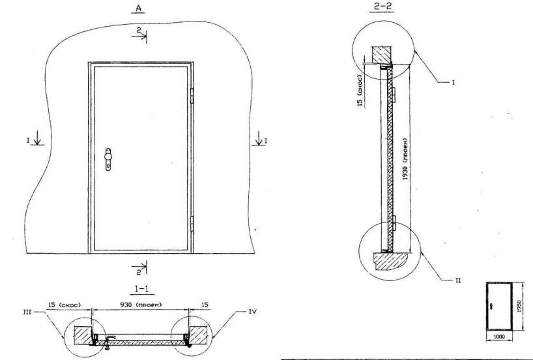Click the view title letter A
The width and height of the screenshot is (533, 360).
click(x=138, y=8)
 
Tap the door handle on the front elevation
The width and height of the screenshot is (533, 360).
click(x=108, y=159)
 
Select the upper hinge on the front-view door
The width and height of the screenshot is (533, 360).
click(x=192, y=96)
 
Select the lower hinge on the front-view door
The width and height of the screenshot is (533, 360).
click(x=192, y=224)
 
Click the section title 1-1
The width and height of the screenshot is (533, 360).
click(x=142, y=289)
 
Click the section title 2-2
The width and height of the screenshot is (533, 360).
click(x=382, y=7)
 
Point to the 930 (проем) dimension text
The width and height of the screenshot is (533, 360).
click(x=141, y=305)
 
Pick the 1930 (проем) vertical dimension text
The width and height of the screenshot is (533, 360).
click(x=405, y=159)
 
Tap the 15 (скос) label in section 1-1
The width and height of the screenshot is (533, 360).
click(x=65, y=305)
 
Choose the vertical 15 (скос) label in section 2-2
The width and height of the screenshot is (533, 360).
click(x=360, y=89)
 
